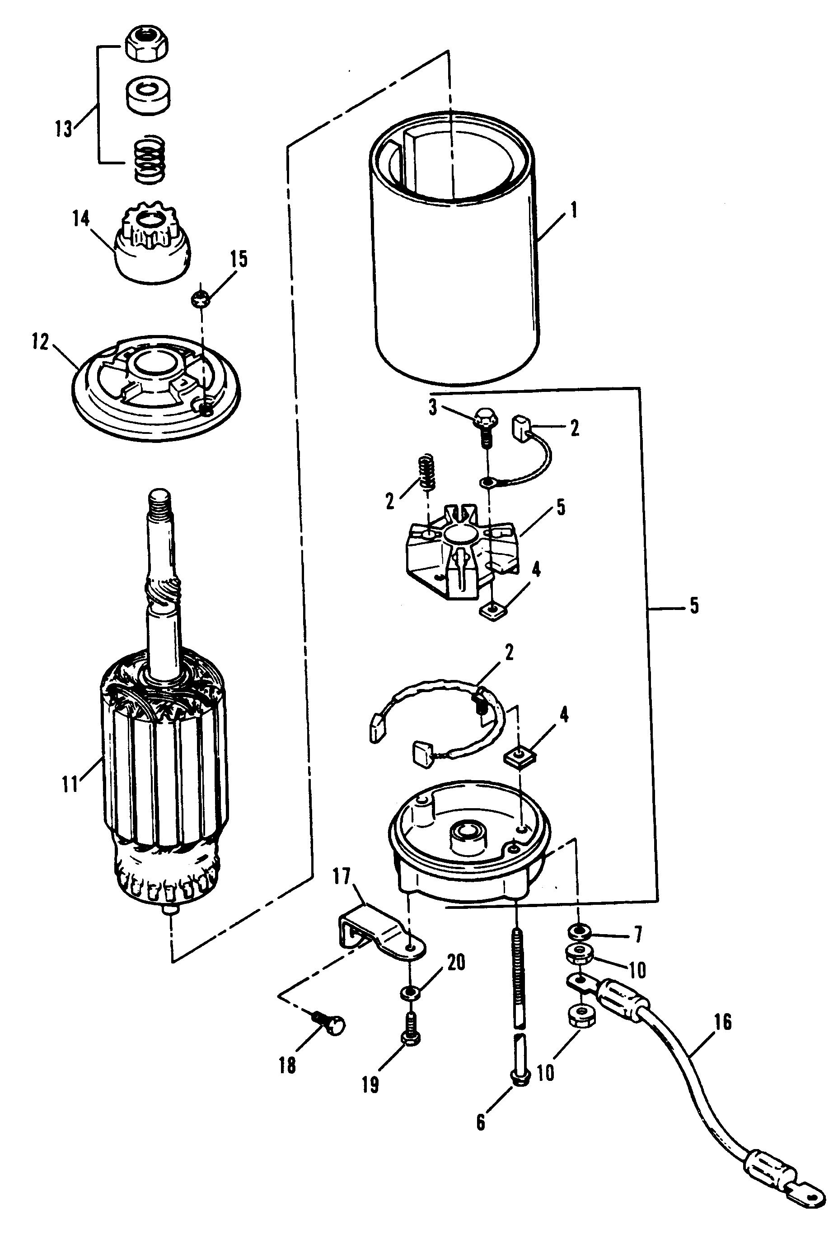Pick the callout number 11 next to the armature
pyautogui.click(x=70, y=785)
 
